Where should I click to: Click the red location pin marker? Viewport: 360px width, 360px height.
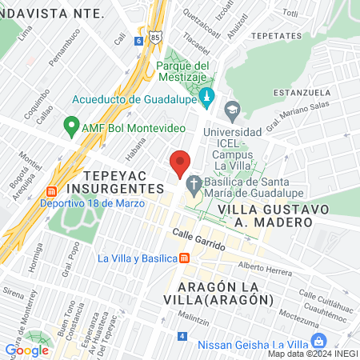click(180, 165)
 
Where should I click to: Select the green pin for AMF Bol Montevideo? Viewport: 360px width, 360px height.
click(71, 127)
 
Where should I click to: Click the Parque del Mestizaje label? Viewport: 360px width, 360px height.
click(182, 71)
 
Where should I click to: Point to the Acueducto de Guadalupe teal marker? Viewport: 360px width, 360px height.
click(207, 99)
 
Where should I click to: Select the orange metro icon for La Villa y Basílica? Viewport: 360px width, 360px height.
click(185, 258)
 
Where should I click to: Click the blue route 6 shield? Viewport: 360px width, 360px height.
click(138, 40)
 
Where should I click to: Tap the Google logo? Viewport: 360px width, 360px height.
click(26, 350)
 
